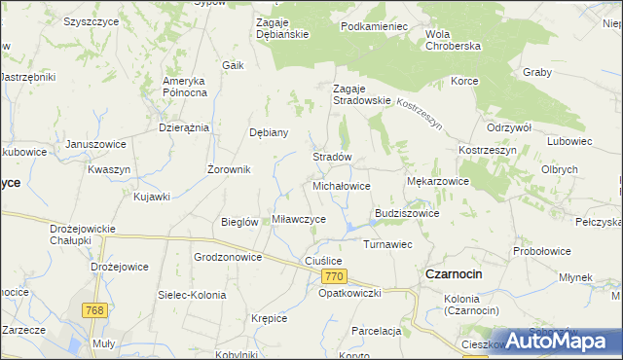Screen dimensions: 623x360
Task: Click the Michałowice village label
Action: coord(341,185)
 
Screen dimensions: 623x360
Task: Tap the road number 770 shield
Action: coord(331,277)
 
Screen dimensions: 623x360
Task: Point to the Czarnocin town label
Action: coord(454,274)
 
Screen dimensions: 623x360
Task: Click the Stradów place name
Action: coord(331,156)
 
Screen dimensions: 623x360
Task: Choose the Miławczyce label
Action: coord(299,219)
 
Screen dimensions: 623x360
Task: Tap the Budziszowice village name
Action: coord(407,213)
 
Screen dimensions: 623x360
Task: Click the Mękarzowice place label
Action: coord(437,181)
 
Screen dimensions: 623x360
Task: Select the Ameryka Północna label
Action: coord(185,86)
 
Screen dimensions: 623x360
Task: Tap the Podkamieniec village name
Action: coord(374,26)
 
